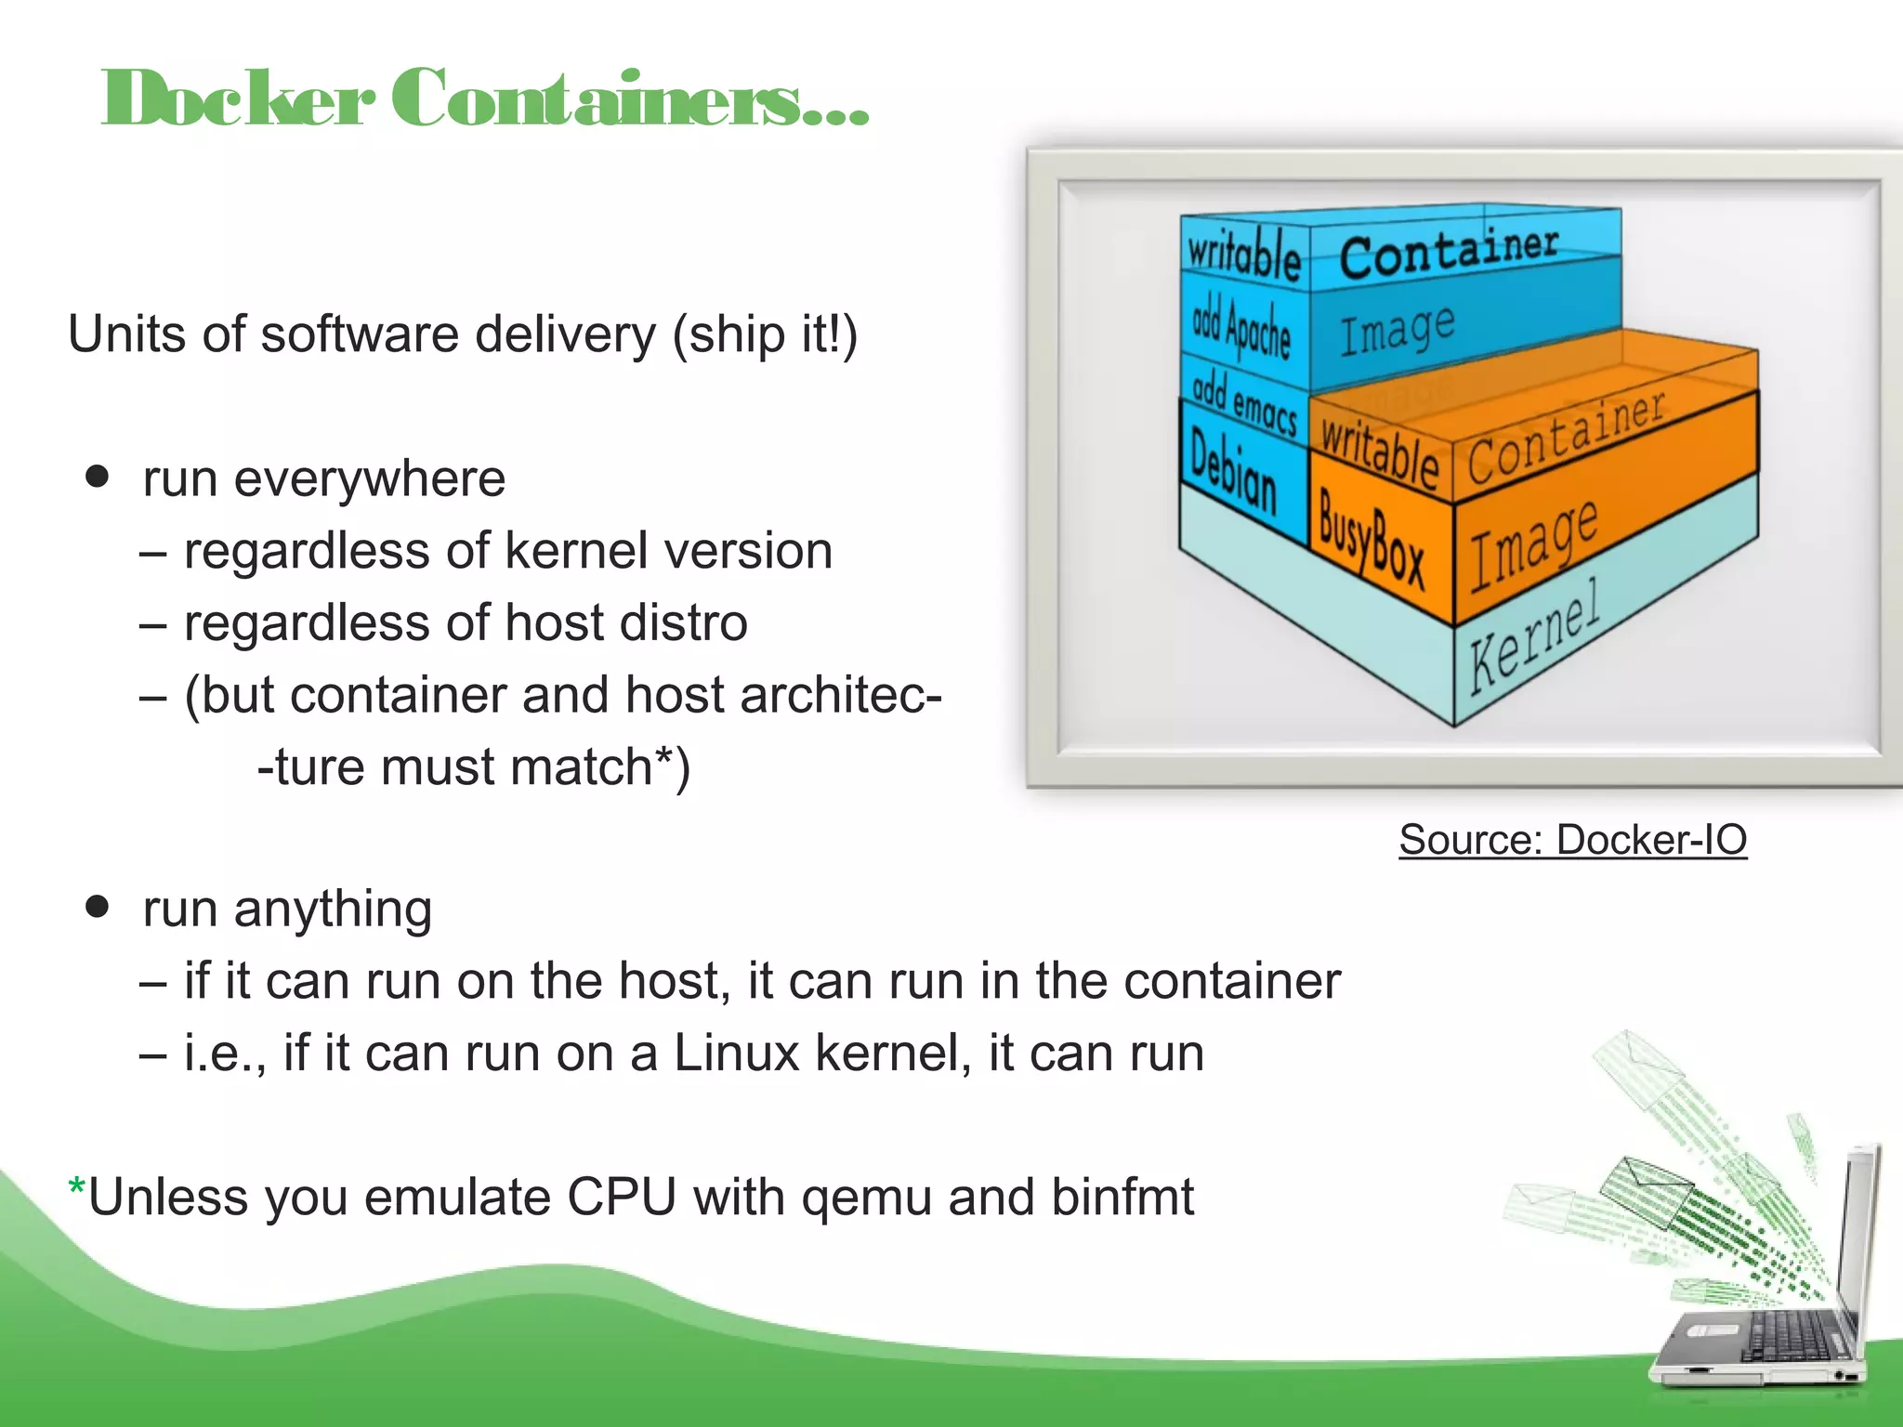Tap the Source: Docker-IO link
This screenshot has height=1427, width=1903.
[1572, 839]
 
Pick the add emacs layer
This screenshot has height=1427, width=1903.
[1243, 402]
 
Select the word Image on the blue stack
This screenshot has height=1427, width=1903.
[1397, 329]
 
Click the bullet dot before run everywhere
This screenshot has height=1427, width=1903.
[97, 477]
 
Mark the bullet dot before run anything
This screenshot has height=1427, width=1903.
[97, 906]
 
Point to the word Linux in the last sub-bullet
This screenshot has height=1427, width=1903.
[736, 1053]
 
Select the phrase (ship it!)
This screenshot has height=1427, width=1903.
[765, 334]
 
